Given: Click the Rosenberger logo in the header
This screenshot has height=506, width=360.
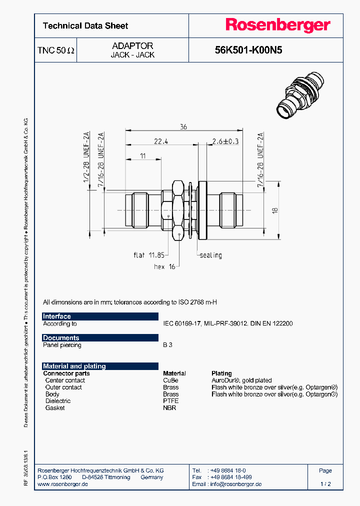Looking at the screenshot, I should [277, 25].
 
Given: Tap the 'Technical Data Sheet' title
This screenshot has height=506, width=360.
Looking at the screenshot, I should [85, 26].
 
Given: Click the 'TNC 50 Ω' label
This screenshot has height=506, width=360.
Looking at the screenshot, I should [56, 50].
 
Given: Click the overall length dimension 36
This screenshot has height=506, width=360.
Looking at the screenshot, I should [183, 127].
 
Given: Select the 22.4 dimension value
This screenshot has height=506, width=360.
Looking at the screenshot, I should [160, 141].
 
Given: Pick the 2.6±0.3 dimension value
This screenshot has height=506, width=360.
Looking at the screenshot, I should [225, 141].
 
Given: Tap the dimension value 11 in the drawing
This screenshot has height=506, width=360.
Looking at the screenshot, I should [143, 156].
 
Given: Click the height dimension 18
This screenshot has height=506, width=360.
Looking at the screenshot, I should [274, 210].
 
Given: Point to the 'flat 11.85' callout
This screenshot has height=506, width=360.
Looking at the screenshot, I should [146, 255].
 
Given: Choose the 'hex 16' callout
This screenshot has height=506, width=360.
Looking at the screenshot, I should [164, 266].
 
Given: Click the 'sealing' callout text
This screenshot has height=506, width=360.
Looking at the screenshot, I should [210, 255].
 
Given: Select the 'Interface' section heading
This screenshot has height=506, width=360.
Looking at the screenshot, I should [57, 316].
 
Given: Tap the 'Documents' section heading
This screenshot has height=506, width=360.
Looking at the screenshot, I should [61, 338].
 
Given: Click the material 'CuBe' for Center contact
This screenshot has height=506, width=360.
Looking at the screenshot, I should [170, 380].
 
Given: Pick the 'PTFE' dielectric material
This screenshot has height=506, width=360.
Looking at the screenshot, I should [170, 401].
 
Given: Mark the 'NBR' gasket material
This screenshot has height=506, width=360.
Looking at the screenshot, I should [169, 408].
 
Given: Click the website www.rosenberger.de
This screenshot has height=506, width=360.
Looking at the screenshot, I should [63, 484].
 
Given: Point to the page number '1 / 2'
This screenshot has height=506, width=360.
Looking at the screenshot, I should [325, 484].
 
